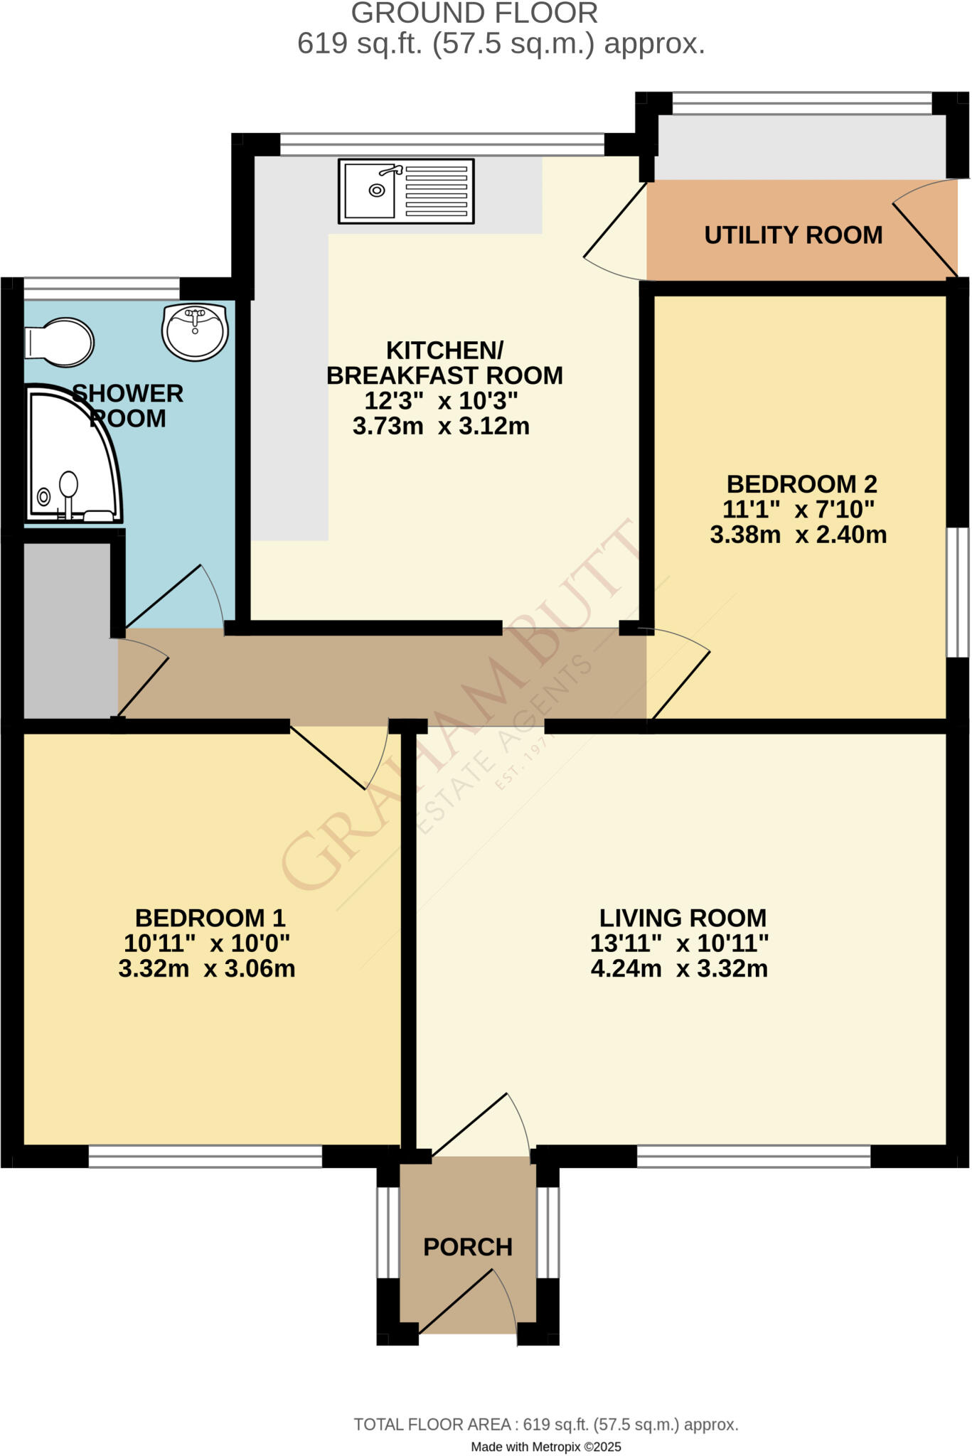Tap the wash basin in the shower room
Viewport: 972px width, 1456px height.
195,331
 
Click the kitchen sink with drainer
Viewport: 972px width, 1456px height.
406,191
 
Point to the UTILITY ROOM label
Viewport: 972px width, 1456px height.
793,235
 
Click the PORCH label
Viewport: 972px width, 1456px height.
467,1247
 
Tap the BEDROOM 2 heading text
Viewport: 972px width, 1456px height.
801,484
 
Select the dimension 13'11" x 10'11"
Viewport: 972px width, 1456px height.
679,943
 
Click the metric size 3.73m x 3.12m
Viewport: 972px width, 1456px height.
441,427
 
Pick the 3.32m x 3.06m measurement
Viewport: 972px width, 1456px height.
206,969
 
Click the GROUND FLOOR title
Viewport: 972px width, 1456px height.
474,14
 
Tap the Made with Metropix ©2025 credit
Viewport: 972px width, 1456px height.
545,1447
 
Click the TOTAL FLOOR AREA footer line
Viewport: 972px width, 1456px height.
545,1425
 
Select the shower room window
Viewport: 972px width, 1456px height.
102,289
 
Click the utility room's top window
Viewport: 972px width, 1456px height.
801,103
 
